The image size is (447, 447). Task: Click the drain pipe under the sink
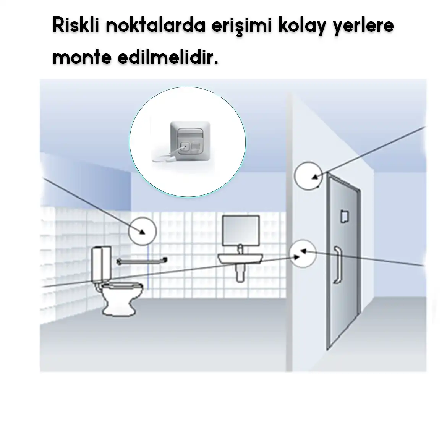tap(240, 273)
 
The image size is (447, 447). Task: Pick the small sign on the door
tap(344, 215)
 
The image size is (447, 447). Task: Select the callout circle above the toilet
tap(142, 231)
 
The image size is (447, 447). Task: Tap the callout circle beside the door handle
tap(303, 254)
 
